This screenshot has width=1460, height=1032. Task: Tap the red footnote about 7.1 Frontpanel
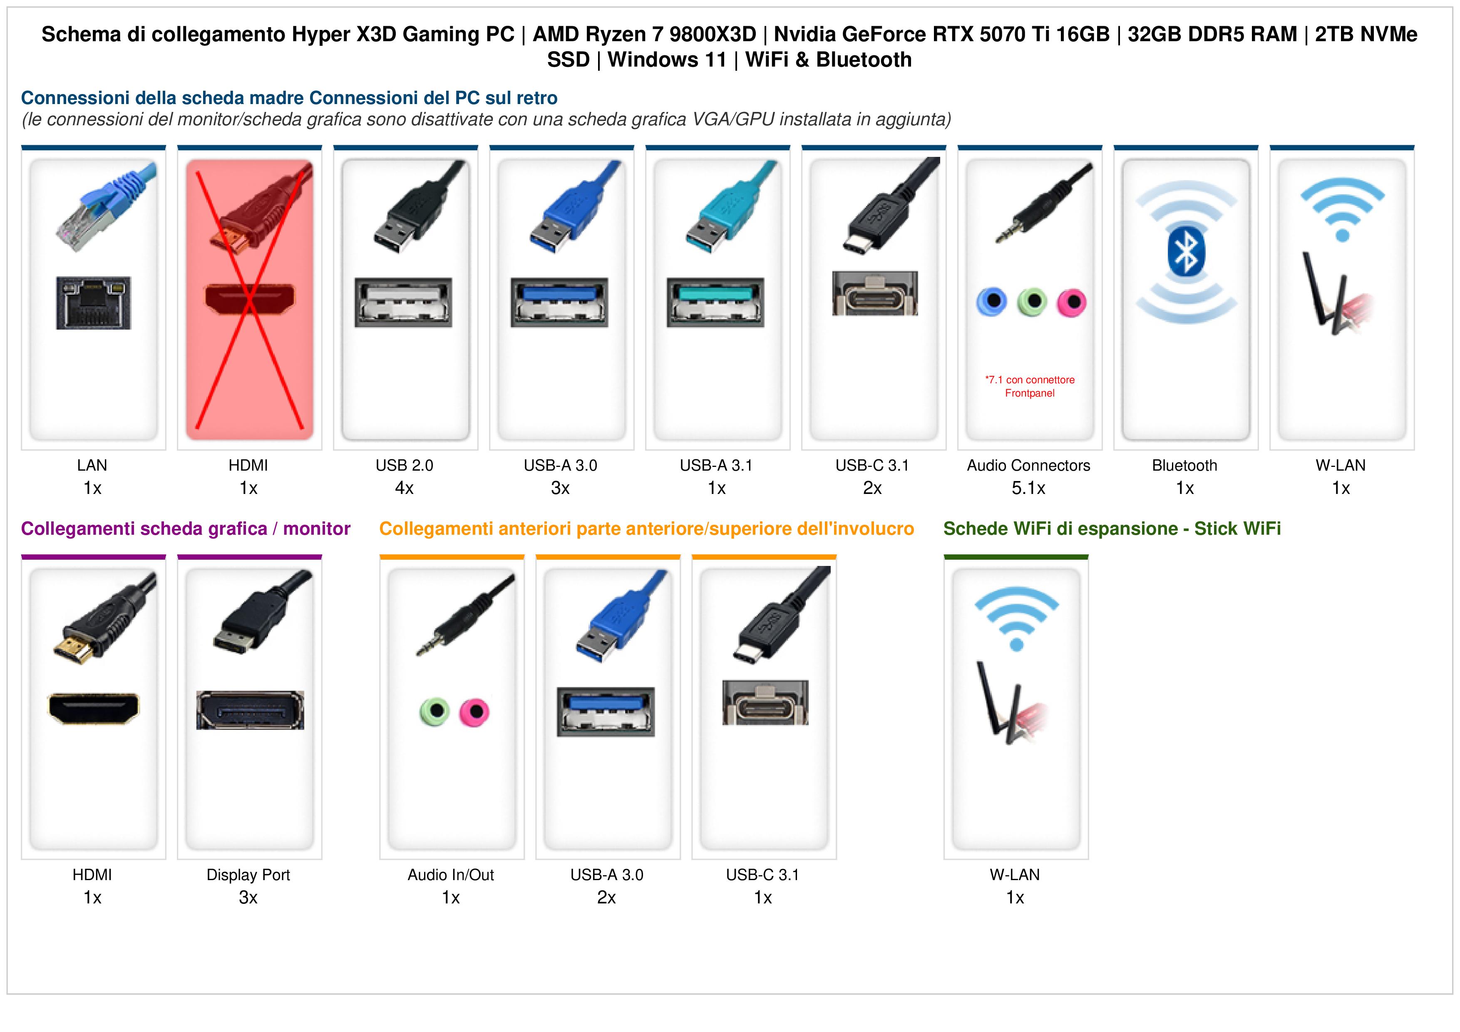[1030, 387]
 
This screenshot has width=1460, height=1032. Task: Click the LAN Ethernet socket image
[94, 303]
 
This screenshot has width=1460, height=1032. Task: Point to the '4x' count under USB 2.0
[405, 489]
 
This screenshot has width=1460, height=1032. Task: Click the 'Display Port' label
[248, 875]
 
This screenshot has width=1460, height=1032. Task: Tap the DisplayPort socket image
[250, 709]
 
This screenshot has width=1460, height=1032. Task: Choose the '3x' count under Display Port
[248, 898]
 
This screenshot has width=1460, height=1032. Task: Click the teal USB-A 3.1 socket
[715, 302]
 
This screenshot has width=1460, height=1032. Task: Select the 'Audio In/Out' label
[451, 875]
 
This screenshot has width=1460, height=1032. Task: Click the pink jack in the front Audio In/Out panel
[474, 712]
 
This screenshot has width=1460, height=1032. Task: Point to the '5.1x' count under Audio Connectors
[1028, 489]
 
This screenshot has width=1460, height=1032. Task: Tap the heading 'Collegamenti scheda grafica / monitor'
[186, 528]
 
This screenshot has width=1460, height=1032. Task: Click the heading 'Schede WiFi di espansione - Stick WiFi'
[1112, 528]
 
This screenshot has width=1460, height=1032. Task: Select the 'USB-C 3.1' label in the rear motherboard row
[872, 466]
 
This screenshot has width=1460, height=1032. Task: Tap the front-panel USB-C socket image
[765, 702]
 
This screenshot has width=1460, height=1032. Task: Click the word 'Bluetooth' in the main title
[864, 60]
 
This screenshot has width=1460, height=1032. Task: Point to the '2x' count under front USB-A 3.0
[607, 898]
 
